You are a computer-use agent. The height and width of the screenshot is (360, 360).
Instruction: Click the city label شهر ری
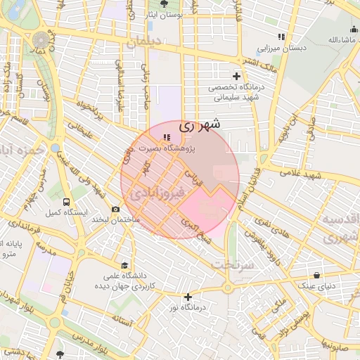199,126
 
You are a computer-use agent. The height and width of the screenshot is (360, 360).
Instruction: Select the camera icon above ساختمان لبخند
116,210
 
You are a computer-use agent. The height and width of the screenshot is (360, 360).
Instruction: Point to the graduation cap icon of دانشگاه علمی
124,266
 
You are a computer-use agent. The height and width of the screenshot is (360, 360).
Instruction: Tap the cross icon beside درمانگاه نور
188,297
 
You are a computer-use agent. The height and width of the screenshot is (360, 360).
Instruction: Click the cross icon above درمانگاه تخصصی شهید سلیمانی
237,76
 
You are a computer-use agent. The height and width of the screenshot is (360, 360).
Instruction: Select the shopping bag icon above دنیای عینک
317,276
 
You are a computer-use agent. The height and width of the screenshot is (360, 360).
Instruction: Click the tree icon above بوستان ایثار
174,4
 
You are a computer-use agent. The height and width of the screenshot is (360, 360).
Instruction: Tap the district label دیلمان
143,42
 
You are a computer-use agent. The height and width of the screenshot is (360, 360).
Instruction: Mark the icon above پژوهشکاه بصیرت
166,138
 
